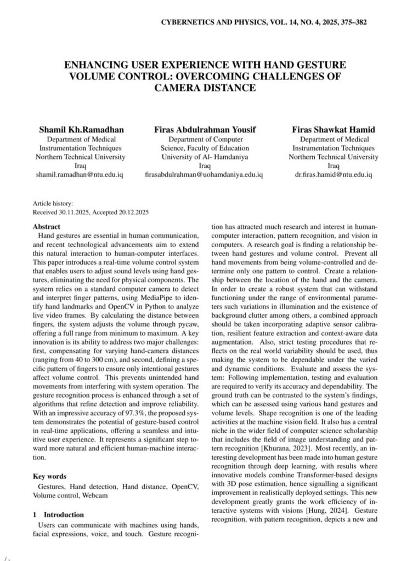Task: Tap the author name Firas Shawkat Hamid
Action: click(x=334, y=130)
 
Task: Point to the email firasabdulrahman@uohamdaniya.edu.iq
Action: click(x=205, y=174)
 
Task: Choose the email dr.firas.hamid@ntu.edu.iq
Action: click(x=334, y=174)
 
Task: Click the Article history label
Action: click(x=49, y=203)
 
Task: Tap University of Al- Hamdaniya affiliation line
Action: click(x=205, y=157)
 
